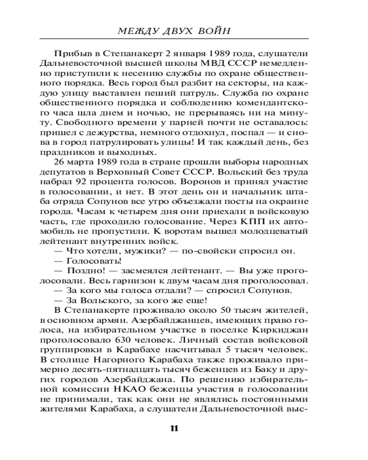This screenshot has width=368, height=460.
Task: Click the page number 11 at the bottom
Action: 174,428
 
